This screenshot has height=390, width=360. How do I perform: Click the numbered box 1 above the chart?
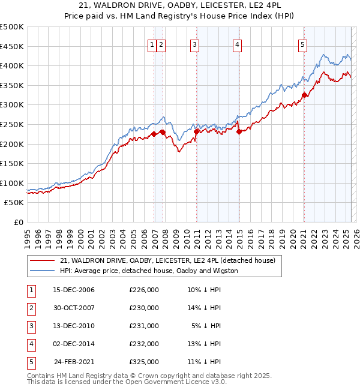[152, 44]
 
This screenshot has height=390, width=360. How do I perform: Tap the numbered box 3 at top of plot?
[195, 44]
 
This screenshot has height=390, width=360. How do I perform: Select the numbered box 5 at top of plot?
[302, 44]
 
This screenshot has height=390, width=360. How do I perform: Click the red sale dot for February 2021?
[304, 94]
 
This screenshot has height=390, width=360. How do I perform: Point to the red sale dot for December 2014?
[238, 131]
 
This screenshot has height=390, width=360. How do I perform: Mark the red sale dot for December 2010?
[196, 131]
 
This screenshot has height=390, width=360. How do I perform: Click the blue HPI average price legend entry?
[149, 271]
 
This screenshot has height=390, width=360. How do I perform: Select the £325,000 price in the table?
[143, 362]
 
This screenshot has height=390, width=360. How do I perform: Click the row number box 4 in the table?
[31, 344]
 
